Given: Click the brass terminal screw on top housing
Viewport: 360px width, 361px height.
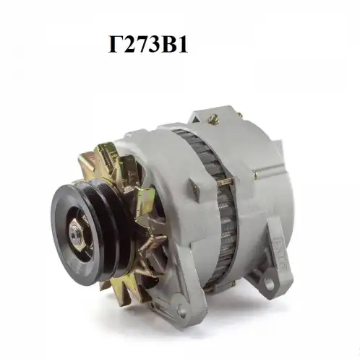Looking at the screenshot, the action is (214, 118).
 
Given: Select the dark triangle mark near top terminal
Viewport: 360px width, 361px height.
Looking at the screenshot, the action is (194, 118).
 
